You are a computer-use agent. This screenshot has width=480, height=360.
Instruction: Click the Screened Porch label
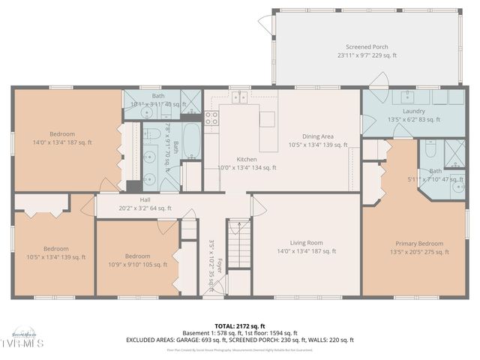click(x=367, y=46)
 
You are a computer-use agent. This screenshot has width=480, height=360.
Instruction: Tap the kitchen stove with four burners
click(x=211, y=118)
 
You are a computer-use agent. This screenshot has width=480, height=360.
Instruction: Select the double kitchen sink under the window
click(x=240, y=97)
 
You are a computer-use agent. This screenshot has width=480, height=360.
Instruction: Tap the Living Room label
click(x=306, y=243)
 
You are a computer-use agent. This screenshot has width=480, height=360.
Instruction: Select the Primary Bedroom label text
click(x=419, y=244)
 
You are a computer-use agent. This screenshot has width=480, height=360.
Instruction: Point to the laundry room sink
click(x=408, y=97)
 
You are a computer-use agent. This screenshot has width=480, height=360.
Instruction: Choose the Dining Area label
click(x=317, y=136)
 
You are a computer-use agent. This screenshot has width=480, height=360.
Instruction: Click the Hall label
click(x=145, y=199)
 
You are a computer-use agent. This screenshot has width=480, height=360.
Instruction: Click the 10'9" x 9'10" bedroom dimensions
click(x=137, y=264)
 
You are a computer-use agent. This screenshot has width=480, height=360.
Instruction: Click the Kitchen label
click(x=247, y=160)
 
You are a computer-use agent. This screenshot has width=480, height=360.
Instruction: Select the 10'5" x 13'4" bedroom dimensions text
click(x=55, y=257)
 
